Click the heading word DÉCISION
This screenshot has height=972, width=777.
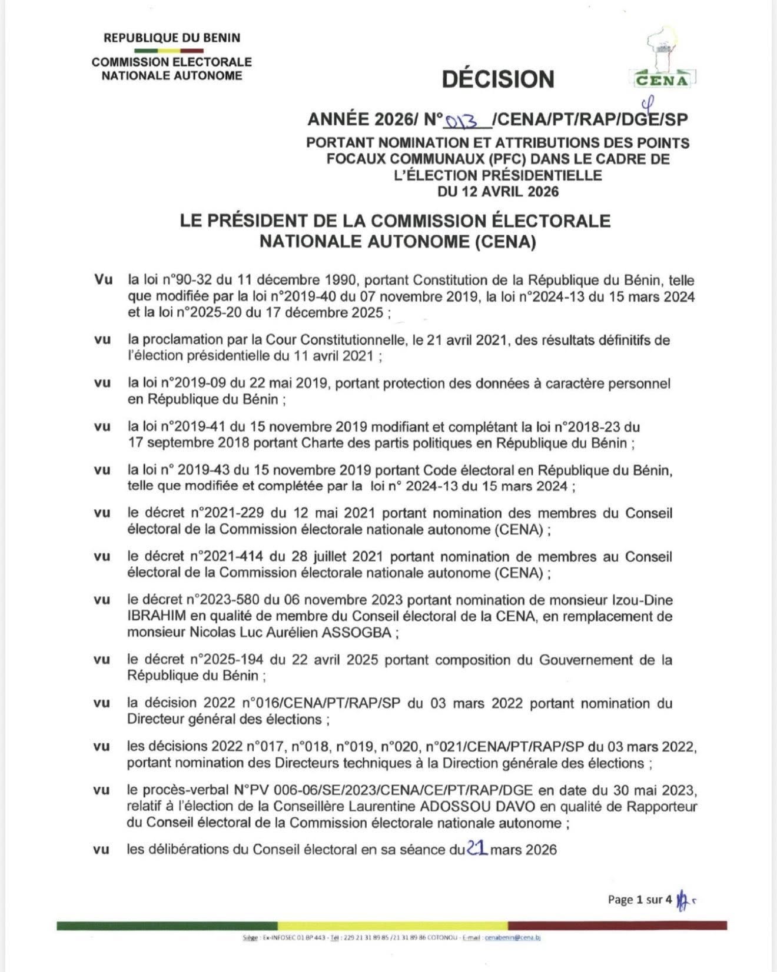coord(498,79)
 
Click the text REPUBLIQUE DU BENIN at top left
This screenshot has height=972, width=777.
coord(172,38)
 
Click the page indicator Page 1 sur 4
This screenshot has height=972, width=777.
coord(639,899)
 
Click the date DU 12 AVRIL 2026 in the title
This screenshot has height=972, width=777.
coord(498,191)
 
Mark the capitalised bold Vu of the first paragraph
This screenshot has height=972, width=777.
coord(104,280)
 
